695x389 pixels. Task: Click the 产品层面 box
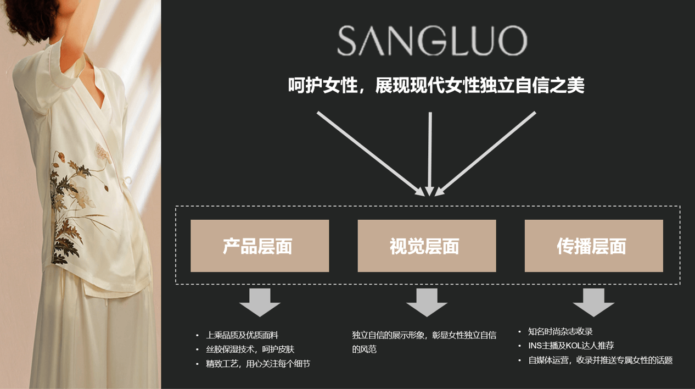[260, 246]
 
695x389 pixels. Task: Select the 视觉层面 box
[427, 246]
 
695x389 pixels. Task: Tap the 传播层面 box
[593, 246]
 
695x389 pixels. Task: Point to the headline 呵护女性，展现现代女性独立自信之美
[436, 86]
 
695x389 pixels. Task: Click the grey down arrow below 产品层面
[260, 302]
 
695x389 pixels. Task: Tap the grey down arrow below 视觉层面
[427, 302]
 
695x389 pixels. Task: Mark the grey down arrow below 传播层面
[593, 302]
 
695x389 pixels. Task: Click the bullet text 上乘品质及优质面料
[242, 335]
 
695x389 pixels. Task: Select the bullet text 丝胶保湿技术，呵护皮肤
[250, 349]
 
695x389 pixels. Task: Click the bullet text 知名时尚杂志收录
[560, 331]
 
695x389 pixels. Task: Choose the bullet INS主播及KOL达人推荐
[571, 346]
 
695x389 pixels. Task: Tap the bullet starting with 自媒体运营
[600, 360]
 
